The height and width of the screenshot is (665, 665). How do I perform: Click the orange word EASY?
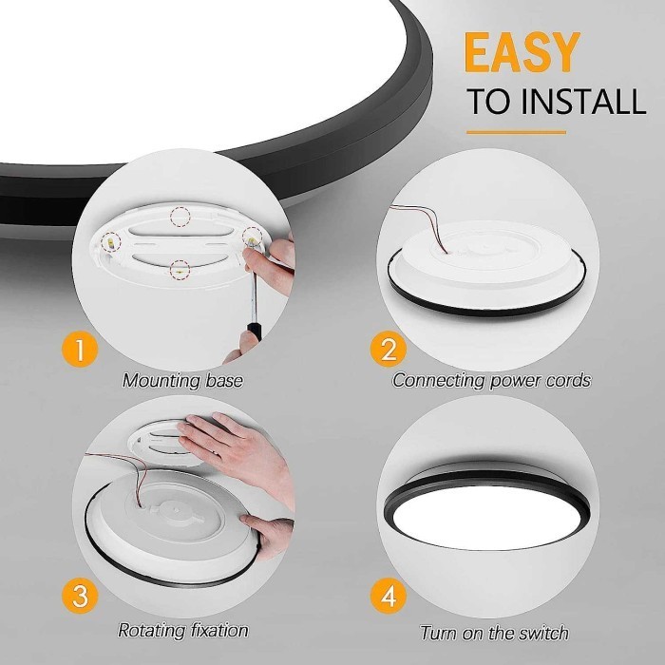pos(523,53)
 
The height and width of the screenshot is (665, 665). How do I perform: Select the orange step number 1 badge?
pos(81,350)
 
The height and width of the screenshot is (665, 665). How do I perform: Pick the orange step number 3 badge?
pos(81,597)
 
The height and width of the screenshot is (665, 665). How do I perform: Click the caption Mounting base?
pos(182,381)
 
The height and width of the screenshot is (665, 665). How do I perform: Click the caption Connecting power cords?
pos(491,381)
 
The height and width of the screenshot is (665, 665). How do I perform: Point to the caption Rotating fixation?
pos(182,630)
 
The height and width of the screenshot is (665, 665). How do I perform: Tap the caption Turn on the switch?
pos(494,633)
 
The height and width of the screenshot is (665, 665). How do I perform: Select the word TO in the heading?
pos(488,103)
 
